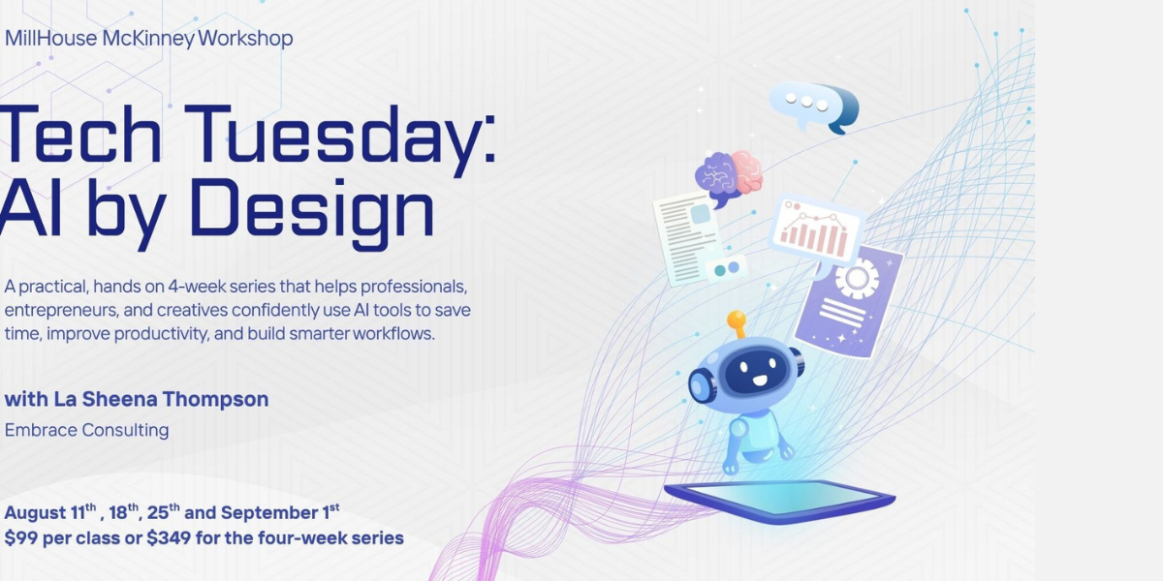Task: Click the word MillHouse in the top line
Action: point(50,39)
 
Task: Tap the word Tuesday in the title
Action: point(340,135)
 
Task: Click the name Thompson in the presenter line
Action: point(215,399)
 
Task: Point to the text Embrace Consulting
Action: point(86,430)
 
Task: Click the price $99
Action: point(20,538)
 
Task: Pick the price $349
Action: point(169,538)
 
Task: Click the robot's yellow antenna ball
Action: point(737,319)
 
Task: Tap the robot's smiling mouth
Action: point(760,381)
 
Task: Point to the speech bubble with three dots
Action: point(814,107)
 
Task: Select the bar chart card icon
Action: point(816,231)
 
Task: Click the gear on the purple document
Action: point(857,278)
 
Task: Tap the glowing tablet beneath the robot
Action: point(780,502)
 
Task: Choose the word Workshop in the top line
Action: point(245,39)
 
